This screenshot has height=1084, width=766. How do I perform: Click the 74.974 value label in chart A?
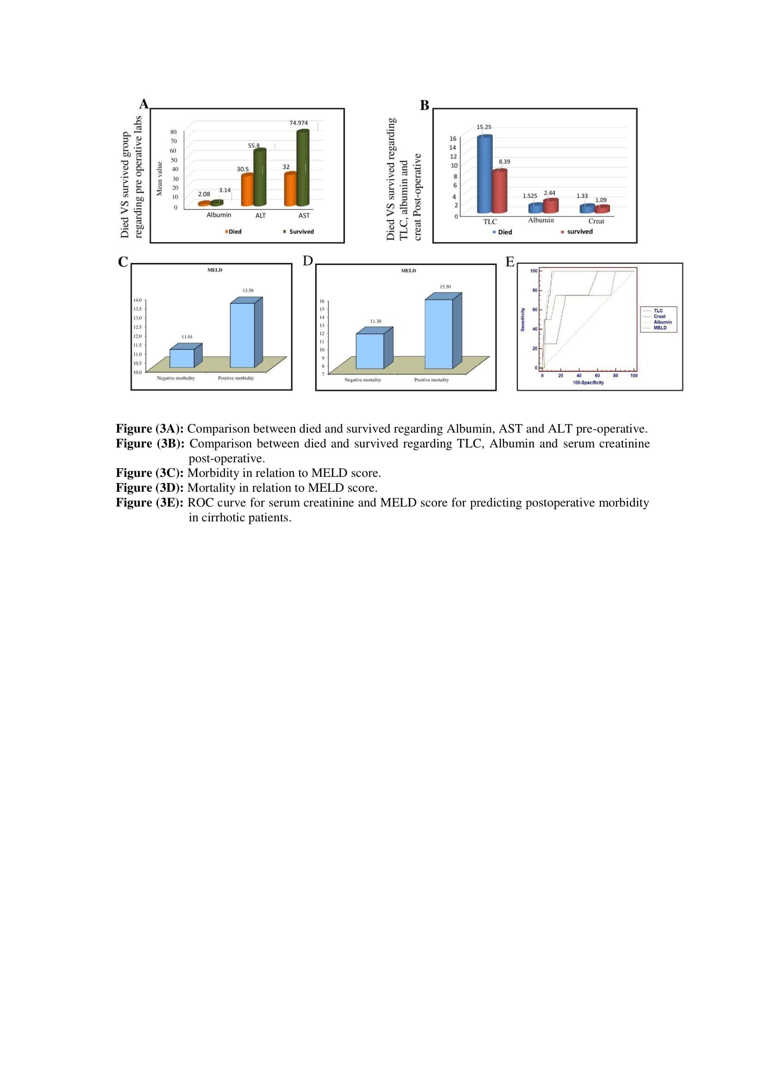[299, 123]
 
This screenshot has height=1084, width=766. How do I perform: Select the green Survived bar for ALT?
[260, 178]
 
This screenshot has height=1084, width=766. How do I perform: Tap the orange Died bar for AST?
[290, 190]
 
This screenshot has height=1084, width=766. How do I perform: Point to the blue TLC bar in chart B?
[484, 174]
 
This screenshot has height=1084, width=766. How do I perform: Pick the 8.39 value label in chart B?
[504, 162]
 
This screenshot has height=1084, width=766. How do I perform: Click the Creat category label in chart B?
[596, 222]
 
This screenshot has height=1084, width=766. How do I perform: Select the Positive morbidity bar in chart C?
[242, 335]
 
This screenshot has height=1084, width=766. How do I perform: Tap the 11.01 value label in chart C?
[187, 337]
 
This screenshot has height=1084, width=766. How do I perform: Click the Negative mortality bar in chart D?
[370, 351]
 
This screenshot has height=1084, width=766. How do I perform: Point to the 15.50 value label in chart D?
[445, 287]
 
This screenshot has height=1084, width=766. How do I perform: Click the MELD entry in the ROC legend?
[660, 328]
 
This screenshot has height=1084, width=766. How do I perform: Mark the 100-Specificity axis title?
[588, 383]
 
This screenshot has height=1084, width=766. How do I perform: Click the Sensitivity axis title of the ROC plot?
[522, 320]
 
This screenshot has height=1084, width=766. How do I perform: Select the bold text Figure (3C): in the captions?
[150, 473]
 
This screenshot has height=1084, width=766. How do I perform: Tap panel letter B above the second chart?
[425, 105]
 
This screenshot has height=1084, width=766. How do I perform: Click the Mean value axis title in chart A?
[159, 178]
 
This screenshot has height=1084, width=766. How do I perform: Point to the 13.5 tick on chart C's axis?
[137, 309]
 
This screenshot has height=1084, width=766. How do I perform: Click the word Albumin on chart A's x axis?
[219, 216]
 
